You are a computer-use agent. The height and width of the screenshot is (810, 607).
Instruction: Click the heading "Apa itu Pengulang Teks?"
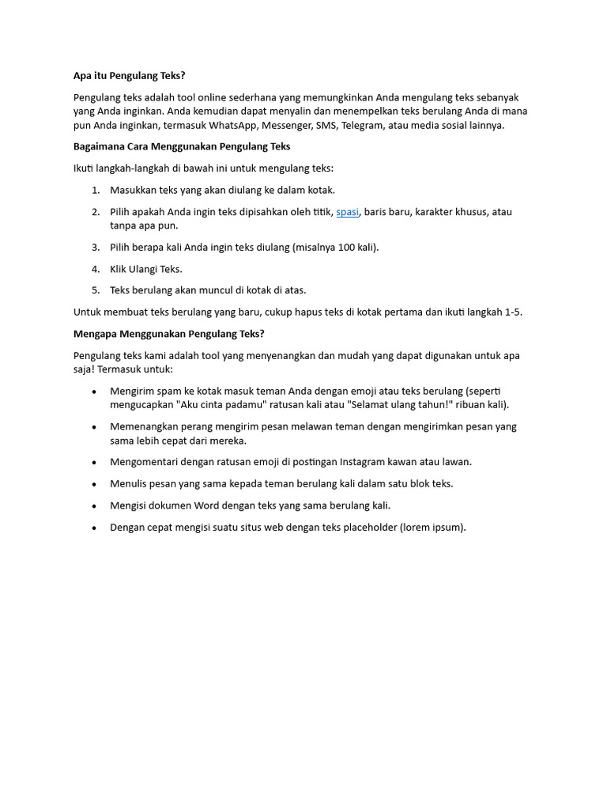(x=129, y=76)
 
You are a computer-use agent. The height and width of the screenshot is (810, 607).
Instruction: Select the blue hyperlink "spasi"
(x=348, y=212)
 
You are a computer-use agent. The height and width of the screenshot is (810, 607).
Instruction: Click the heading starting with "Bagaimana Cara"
(x=182, y=146)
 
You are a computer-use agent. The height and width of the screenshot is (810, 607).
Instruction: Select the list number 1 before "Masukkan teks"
(x=95, y=190)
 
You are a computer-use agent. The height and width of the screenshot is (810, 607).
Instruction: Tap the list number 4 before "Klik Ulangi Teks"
(x=95, y=269)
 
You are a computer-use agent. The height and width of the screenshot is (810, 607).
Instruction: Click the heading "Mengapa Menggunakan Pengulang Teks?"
(x=169, y=334)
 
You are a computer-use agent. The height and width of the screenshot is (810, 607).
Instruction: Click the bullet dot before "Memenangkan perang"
(x=95, y=426)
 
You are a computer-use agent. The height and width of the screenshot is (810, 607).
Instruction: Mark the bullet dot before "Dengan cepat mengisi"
(x=95, y=527)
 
